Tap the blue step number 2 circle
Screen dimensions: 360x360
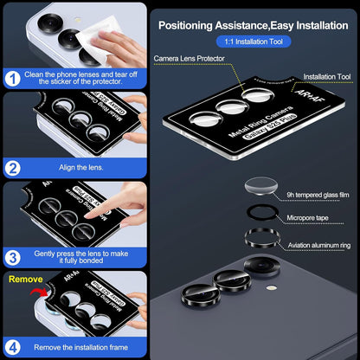(x=14, y=167)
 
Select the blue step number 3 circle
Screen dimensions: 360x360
(x=14, y=256)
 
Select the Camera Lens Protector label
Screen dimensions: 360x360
(x=190, y=58)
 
